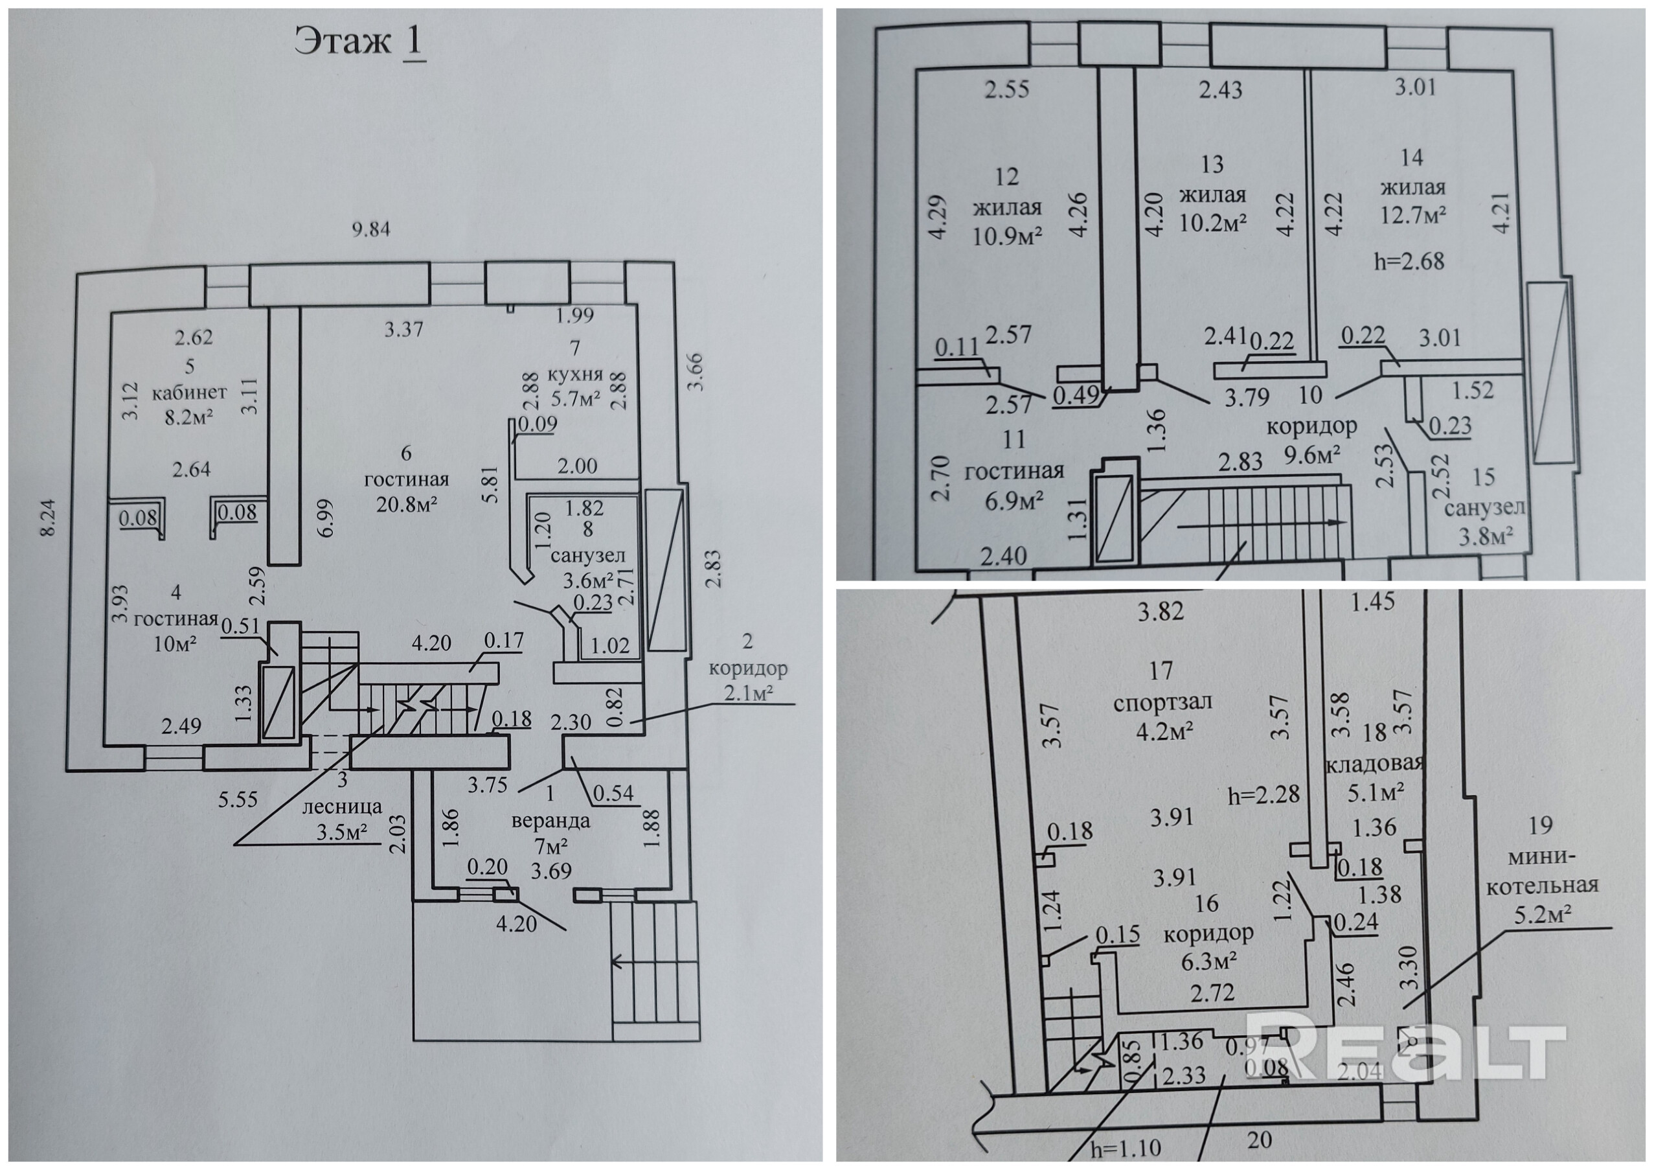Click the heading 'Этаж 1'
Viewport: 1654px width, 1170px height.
point(359,43)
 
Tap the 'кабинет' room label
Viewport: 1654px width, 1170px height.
point(188,393)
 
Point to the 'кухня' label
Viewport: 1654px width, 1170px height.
point(575,374)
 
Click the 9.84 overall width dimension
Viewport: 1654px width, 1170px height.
point(370,230)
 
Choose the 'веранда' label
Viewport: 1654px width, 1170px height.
point(551,820)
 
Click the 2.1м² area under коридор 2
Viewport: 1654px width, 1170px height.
point(749,693)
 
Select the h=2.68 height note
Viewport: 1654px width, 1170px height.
point(1409,261)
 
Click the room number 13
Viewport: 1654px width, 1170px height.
point(1212,165)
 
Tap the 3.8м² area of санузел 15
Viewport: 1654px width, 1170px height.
point(1486,535)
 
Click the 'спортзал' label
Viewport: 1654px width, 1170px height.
point(1162,701)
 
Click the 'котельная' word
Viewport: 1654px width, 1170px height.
point(1541,886)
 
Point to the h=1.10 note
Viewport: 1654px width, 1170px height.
point(1126,1149)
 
